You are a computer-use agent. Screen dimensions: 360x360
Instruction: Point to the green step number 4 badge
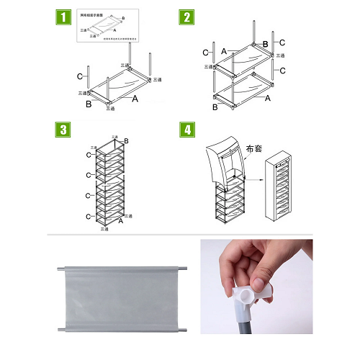click(x=186, y=131)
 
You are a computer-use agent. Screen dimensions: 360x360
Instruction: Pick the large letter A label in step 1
click(x=135, y=100)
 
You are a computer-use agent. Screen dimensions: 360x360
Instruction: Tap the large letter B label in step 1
click(x=89, y=105)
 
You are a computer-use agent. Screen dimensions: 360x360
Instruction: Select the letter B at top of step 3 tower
click(x=127, y=140)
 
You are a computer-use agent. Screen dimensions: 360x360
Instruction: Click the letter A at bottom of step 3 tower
click(x=121, y=222)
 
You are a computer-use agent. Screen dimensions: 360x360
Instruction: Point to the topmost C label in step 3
click(x=89, y=155)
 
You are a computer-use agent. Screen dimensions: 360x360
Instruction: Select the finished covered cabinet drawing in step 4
click(x=286, y=191)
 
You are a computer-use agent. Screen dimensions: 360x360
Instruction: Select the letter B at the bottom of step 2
click(x=215, y=108)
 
